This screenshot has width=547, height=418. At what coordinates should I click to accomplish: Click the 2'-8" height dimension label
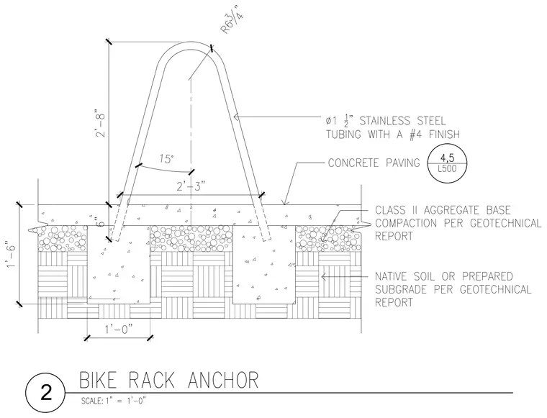coord(101,124)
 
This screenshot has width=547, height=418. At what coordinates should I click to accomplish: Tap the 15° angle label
coord(166,159)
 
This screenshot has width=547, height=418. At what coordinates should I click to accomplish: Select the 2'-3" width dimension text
coord(191,187)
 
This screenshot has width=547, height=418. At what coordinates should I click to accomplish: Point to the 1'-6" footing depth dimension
coord(12,255)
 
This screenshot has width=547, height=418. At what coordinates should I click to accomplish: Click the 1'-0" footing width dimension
coord(119,329)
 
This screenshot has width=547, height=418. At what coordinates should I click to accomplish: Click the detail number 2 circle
coord(45,393)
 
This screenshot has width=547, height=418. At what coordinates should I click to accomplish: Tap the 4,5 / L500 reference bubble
coord(447,163)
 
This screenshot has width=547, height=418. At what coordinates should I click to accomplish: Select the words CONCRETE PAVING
coord(374,163)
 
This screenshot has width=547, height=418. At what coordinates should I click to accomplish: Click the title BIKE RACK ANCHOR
coord(169,380)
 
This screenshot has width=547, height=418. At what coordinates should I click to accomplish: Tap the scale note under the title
coord(114,401)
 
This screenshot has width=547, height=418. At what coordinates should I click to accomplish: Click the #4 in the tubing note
coord(415,135)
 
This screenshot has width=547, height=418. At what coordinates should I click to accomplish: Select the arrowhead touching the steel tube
coord(236,117)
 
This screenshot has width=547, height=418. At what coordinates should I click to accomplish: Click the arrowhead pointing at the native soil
coord(323,277)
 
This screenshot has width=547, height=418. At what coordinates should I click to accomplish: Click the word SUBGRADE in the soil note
coord(401,290)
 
